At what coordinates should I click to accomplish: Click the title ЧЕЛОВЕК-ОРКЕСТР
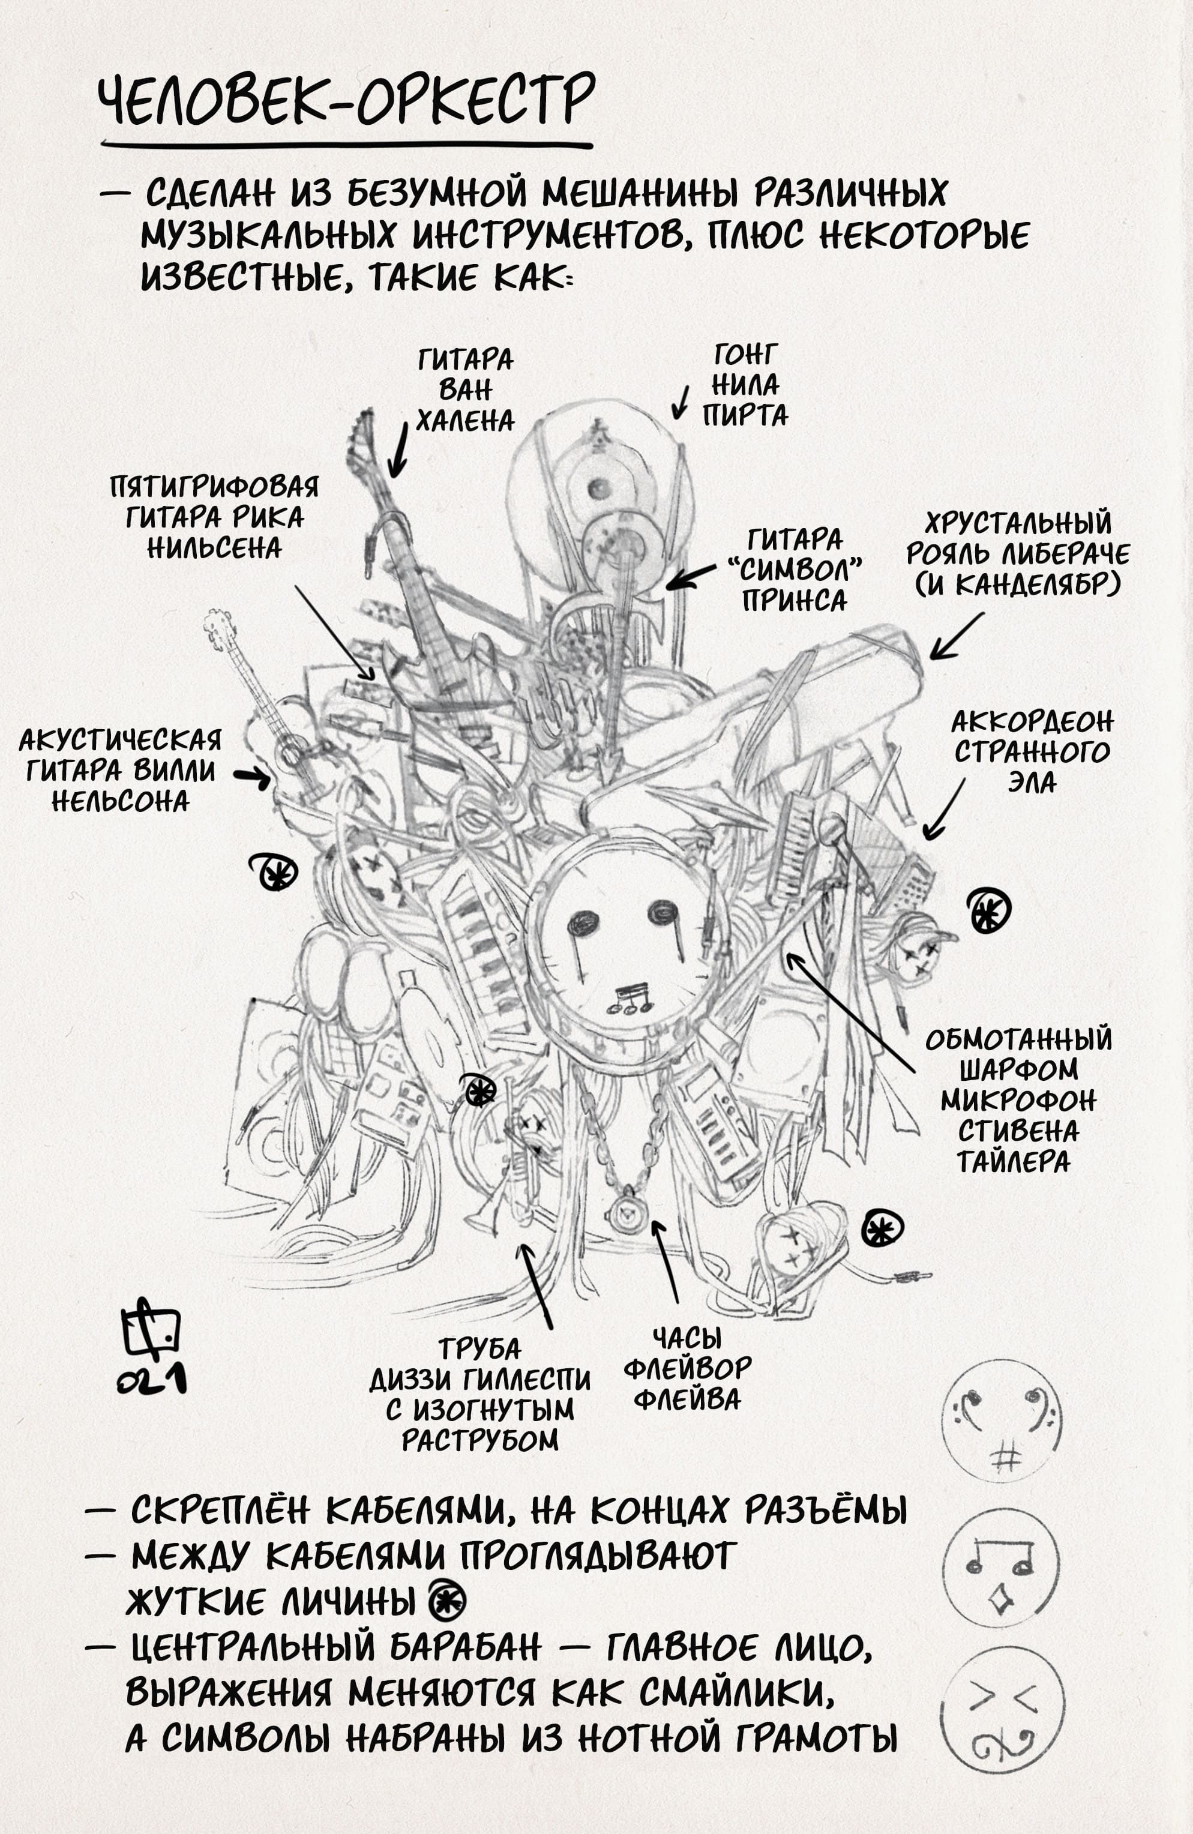click(347, 100)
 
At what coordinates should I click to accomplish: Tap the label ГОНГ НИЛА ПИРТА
click(745, 385)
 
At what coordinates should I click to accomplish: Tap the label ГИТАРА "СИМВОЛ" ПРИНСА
click(795, 570)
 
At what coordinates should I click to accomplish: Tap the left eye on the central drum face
click(583, 922)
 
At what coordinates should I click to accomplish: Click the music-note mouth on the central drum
click(631, 999)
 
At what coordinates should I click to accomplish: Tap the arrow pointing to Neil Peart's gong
click(681, 402)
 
